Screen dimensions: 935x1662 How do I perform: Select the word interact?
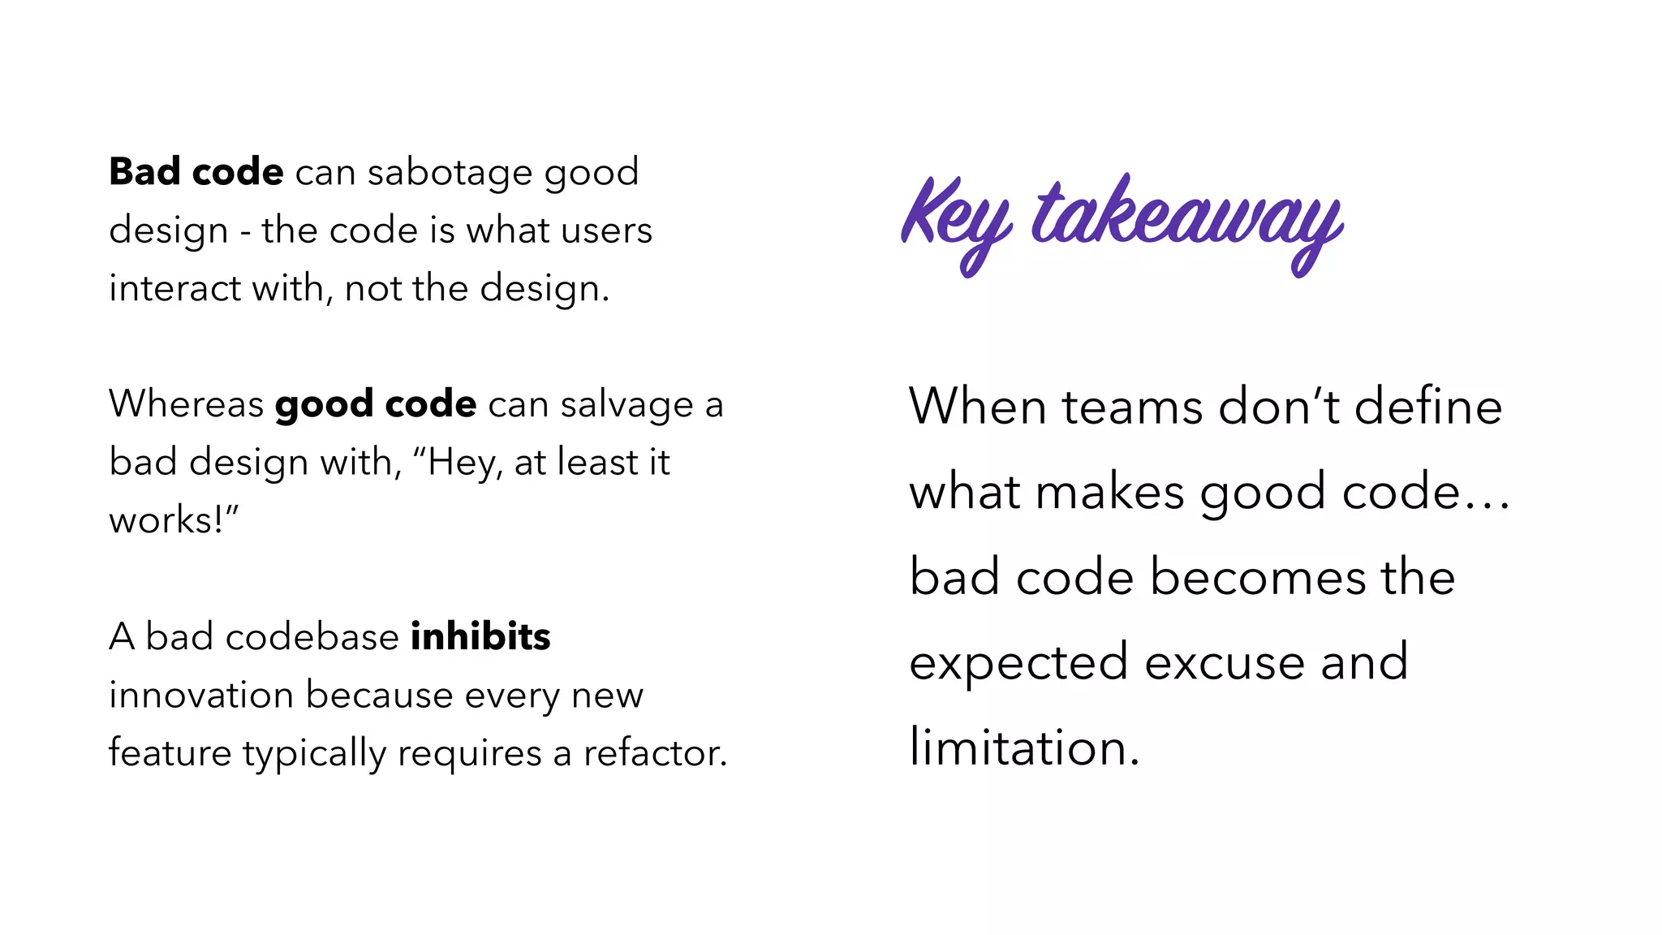pyautogui.click(x=175, y=289)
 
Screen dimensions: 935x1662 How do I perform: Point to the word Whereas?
pyautogui.click(x=187, y=404)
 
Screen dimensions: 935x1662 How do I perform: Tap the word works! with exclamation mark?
pyautogui.click(x=170, y=520)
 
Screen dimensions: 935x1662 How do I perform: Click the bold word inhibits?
pyautogui.click(x=480, y=637)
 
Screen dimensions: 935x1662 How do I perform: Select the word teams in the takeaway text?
pyautogui.click(x=1132, y=407)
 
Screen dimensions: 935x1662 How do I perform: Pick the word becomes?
pyautogui.click(x=1258, y=578)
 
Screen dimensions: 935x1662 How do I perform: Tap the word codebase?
pyautogui.click(x=312, y=637)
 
